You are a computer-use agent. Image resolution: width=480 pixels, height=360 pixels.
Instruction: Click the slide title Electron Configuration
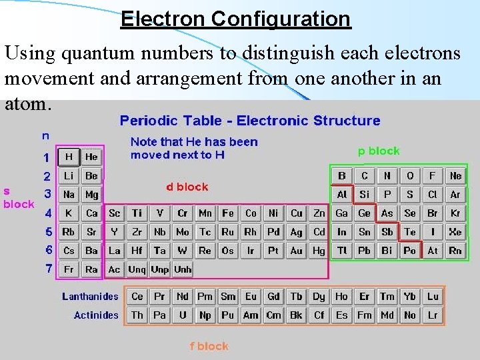[235, 19]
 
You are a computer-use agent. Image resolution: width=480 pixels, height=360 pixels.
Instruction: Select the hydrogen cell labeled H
[69, 157]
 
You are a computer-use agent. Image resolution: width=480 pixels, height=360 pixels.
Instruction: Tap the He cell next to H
[91, 157]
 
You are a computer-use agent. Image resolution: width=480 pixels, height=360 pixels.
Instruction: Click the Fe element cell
[228, 213]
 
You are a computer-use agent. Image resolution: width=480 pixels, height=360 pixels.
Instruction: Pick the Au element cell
[297, 251]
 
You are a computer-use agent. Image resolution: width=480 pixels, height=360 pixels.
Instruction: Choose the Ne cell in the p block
[455, 176]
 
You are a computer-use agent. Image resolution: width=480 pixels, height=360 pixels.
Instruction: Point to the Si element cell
[365, 195]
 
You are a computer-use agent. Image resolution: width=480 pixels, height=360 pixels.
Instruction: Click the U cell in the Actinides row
[183, 315]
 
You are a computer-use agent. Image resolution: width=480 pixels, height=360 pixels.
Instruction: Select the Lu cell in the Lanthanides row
[433, 297]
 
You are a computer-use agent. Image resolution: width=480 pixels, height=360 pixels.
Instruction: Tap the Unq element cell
[137, 269]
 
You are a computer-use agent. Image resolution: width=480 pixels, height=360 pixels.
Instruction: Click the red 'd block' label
[187, 187]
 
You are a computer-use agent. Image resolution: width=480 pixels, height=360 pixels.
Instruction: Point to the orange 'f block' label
[209, 346]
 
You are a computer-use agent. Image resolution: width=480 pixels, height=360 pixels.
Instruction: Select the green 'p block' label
[379, 151]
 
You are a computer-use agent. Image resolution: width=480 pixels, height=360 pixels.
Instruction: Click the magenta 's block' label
[18, 197]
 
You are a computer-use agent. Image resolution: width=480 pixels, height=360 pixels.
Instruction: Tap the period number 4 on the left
[48, 214]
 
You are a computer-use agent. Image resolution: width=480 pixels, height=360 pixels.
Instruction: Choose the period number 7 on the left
[48, 269]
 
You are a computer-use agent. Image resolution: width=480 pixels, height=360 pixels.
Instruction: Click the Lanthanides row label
[90, 297]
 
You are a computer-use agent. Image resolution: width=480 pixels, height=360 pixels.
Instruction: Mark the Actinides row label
[96, 315]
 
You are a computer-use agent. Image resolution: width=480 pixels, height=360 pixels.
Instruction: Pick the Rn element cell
[455, 251]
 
